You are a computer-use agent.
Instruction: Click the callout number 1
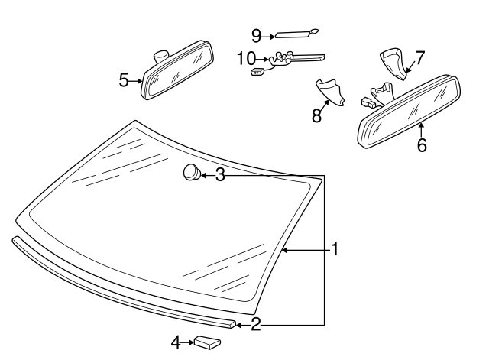click(x=334, y=248)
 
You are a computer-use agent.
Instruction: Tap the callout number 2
click(x=256, y=324)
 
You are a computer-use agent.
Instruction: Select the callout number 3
click(x=220, y=175)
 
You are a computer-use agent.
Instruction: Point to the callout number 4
click(x=175, y=343)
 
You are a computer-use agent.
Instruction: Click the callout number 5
click(x=125, y=80)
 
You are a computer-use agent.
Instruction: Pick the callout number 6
click(x=422, y=144)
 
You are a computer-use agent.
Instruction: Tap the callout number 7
click(x=419, y=58)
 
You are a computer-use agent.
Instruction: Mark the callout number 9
click(x=257, y=34)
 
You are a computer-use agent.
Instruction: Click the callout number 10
click(x=246, y=57)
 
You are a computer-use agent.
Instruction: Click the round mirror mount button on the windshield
click(x=191, y=173)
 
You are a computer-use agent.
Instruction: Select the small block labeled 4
click(x=206, y=342)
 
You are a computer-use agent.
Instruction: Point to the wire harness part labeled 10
click(x=290, y=58)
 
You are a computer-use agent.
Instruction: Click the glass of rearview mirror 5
click(x=176, y=76)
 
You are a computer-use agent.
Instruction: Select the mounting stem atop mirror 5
click(x=161, y=55)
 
